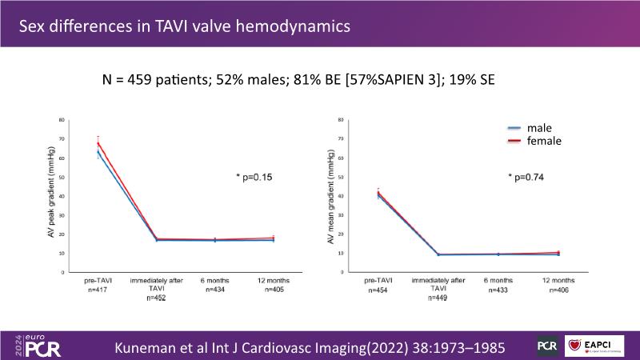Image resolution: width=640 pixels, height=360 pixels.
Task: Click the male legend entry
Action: pyautogui.click(x=538, y=128)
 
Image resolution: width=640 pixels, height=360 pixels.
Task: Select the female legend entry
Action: pyautogui.click(x=543, y=141)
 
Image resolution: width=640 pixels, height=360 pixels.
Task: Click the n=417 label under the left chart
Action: pyautogui.click(x=98, y=290)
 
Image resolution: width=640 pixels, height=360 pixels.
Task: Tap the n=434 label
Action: pyautogui.click(x=215, y=290)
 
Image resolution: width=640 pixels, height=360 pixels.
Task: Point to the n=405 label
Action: pyautogui.click(x=273, y=290)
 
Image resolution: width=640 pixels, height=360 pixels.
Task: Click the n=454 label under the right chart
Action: pyautogui.click(x=377, y=290)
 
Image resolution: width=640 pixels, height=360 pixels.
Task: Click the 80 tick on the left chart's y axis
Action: pyautogui.click(x=62, y=120)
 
